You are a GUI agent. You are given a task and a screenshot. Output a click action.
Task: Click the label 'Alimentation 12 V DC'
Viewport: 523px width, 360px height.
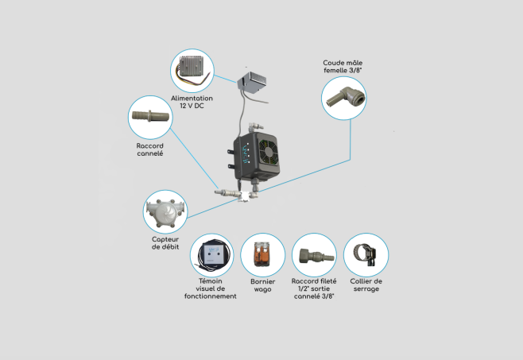pyautogui.click(x=192, y=103)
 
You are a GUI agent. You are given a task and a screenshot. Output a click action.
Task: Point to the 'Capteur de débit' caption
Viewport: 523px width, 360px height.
pyautogui.click(x=165, y=243)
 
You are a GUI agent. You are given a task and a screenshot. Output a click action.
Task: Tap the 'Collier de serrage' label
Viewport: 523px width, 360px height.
pyautogui.click(x=366, y=285)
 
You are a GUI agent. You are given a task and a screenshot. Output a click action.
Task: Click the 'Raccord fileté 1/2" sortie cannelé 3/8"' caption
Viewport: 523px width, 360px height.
pyautogui.click(x=314, y=288)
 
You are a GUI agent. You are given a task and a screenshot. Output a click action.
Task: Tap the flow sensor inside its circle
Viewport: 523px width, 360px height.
pyautogui.click(x=165, y=211)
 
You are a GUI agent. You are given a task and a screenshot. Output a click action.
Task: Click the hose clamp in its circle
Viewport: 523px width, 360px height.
pyautogui.click(x=366, y=254)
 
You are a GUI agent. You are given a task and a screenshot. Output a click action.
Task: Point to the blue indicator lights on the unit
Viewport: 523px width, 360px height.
pyautogui.click(x=247, y=151)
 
